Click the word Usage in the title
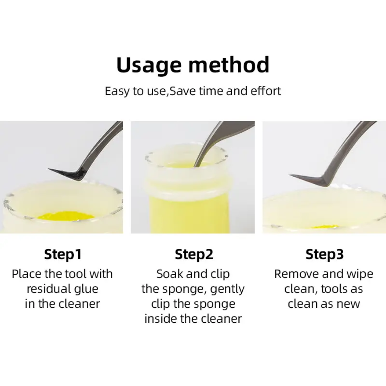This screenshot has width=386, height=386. click(x=149, y=65)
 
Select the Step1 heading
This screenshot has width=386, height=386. click(x=63, y=254)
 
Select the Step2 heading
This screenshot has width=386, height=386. click(x=194, y=254)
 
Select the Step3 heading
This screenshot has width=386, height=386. click(x=325, y=254)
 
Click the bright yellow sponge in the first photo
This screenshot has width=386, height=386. click(x=66, y=216)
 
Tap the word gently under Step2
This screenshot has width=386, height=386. click(x=227, y=289)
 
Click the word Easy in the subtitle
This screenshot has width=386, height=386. click(x=118, y=91)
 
